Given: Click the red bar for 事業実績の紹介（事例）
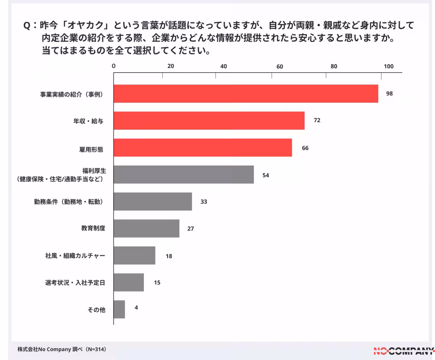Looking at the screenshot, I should (246, 94).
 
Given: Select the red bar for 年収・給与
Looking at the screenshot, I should (209, 120).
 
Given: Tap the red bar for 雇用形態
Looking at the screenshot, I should (203, 147).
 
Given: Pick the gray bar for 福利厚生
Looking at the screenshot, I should (183, 175).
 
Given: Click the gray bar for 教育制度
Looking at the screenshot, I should (146, 228).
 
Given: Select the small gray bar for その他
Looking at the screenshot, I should (119, 309).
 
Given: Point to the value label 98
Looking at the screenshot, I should (389, 94).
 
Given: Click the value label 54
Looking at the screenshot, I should (266, 175).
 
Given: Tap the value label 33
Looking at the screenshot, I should (204, 202).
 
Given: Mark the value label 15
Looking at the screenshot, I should (157, 283).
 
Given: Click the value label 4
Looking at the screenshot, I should (136, 308).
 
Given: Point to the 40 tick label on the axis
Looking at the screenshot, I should (223, 66).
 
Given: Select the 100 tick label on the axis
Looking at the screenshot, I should (388, 66).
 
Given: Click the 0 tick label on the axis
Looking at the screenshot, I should (114, 66).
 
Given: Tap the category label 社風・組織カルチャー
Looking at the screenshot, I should (73, 256).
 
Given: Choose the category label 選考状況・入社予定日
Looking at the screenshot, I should (72, 283).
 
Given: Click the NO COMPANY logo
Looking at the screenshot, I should (404, 351).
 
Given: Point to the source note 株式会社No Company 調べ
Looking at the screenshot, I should (62, 349).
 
